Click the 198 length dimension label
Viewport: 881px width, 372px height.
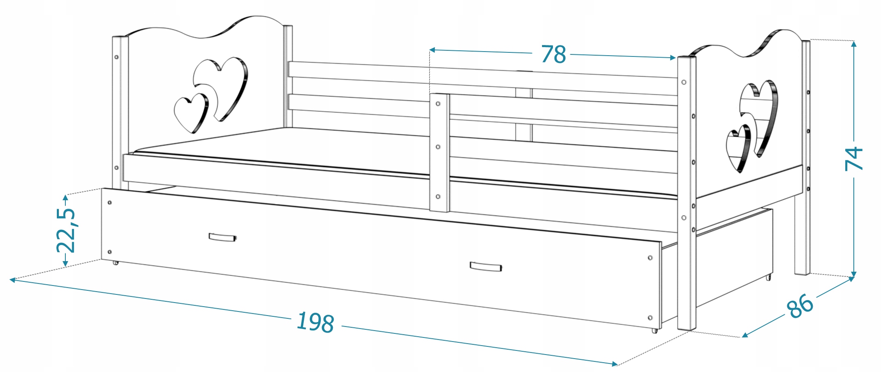[315, 323]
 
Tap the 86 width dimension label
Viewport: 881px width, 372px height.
[800, 306]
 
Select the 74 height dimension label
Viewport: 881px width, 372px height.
[853, 158]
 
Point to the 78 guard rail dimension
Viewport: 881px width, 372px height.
[553, 54]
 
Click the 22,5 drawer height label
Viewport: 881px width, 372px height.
[66, 231]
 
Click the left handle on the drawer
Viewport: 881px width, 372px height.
[222, 238]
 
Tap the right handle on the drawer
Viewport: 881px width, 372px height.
[486, 267]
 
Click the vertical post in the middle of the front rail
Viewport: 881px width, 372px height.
[440, 152]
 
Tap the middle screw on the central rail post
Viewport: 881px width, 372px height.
[438, 147]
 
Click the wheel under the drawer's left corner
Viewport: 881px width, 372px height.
[116, 263]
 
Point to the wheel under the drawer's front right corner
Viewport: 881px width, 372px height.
[654, 331]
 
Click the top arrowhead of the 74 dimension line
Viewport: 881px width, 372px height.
[854, 43]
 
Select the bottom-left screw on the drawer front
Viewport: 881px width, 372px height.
[110, 252]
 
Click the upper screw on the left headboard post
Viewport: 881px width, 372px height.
[117, 57]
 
